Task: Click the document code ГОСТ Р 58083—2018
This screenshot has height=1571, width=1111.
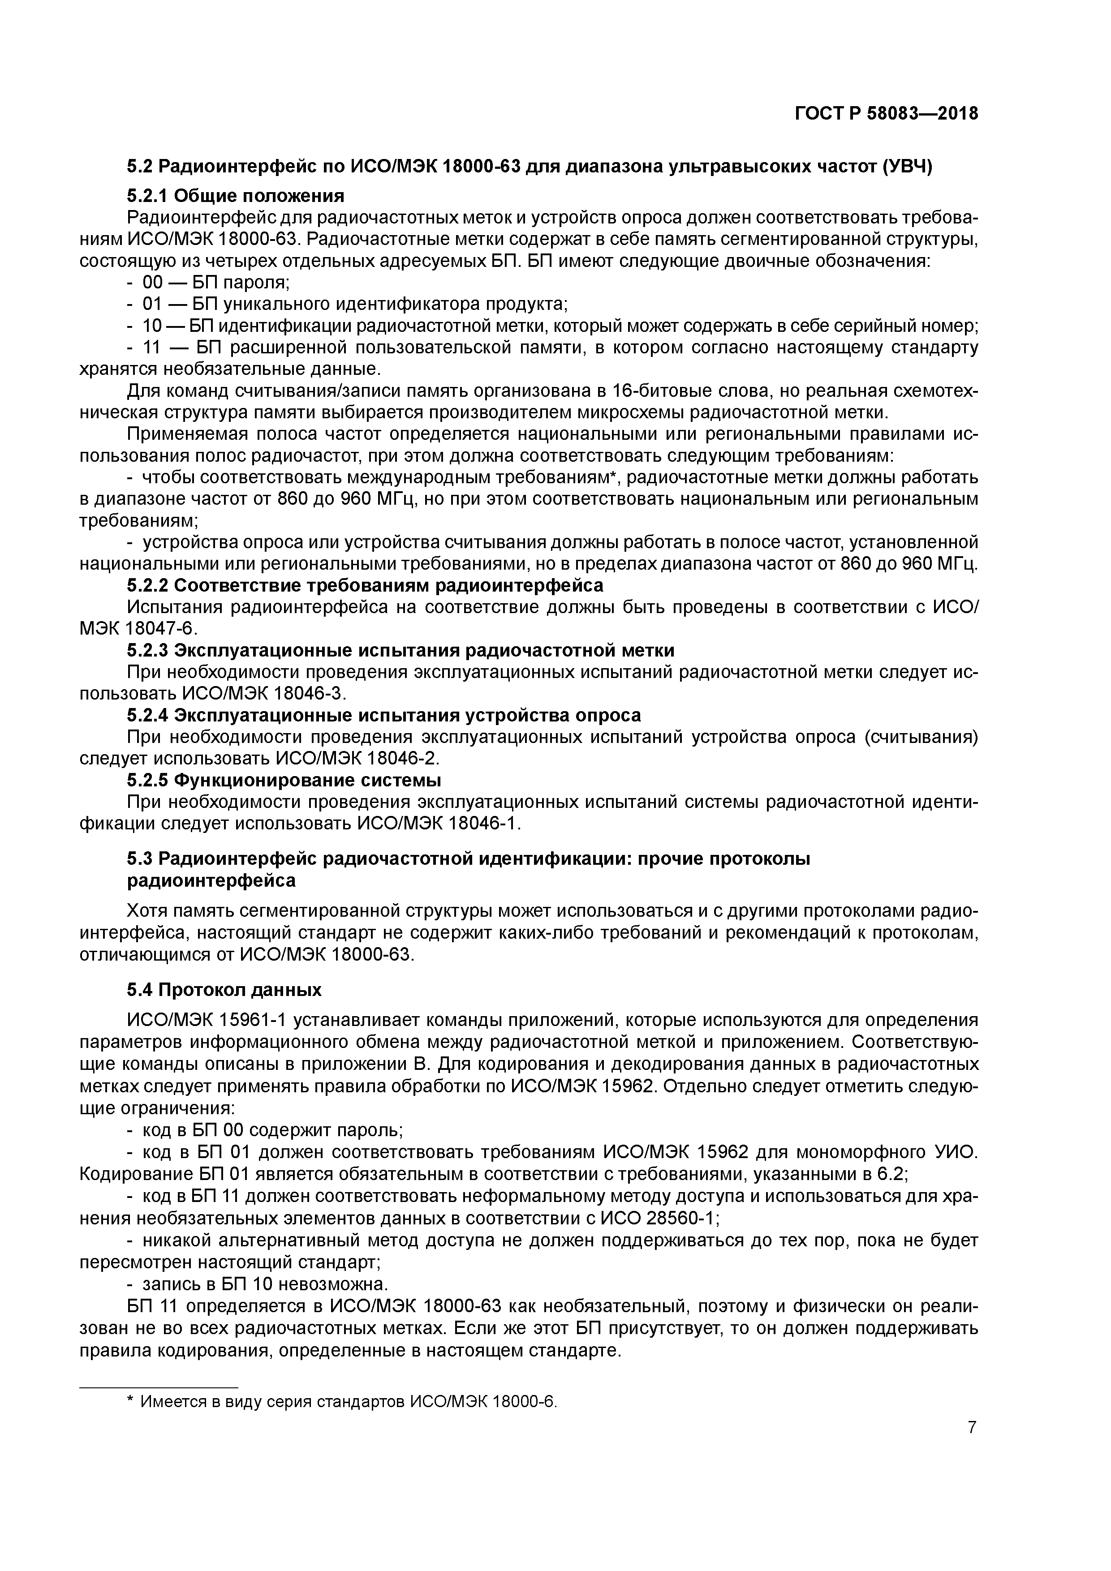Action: click(x=887, y=113)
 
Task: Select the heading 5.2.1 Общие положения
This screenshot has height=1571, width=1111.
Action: click(x=236, y=196)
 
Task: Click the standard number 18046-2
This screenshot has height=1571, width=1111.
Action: click(x=401, y=758)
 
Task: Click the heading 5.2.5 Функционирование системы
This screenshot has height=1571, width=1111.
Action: click(x=284, y=780)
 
